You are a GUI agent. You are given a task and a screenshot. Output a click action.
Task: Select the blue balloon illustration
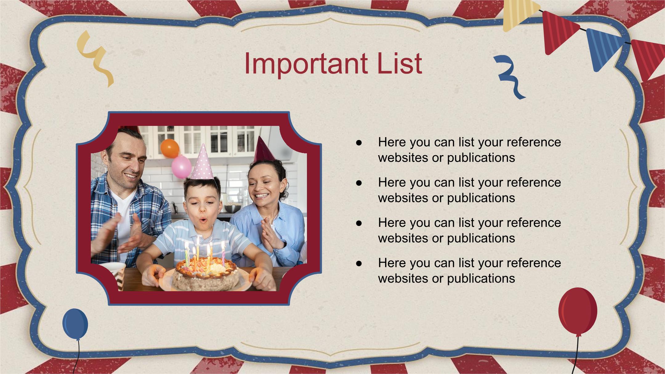click(x=75, y=324)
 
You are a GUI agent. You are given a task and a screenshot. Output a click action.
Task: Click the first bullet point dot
click(x=359, y=143)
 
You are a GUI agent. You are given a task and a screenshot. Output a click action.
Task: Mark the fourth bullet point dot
click(x=359, y=263)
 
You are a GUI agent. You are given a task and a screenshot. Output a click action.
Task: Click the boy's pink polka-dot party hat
click(x=202, y=162)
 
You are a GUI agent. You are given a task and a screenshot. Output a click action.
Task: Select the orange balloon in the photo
click(x=170, y=148)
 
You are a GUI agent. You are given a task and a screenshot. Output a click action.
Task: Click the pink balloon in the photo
click(x=181, y=167)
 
